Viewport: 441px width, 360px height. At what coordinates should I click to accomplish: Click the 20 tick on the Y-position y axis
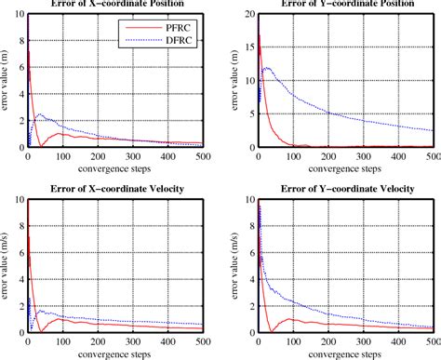point(247,15)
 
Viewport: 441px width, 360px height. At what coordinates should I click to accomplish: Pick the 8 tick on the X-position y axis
point(19,42)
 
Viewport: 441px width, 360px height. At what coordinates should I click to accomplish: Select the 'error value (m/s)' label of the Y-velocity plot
point(236,267)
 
